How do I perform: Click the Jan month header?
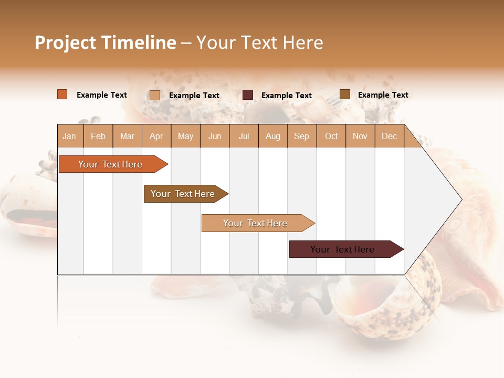click(70, 136)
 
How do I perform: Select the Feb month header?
click(98, 136)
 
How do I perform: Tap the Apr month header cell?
click(156, 136)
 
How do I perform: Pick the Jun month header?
click(215, 136)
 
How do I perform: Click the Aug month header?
click(273, 136)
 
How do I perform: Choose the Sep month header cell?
click(302, 136)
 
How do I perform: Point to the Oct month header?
click(331, 136)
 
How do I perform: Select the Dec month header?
click(390, 136)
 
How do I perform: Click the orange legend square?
click(62, 94)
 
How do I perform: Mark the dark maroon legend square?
click(248, 95)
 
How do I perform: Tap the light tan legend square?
click(155, 95)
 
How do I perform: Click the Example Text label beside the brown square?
click(383, 95)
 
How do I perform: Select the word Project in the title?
click(66, 43)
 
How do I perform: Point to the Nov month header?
click(360, 136)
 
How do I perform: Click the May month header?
click(185, 136)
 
